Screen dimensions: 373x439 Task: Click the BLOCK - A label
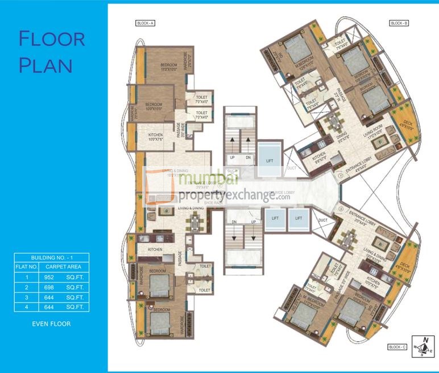tap(146, 23)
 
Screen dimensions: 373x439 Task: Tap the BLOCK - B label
tap(400, 23)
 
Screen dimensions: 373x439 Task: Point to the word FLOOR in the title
tap(52, 40)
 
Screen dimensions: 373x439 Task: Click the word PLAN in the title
tap(45, 65)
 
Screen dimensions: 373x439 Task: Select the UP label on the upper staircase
tap(232, 157)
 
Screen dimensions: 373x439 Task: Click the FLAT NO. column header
tap(26, 266)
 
